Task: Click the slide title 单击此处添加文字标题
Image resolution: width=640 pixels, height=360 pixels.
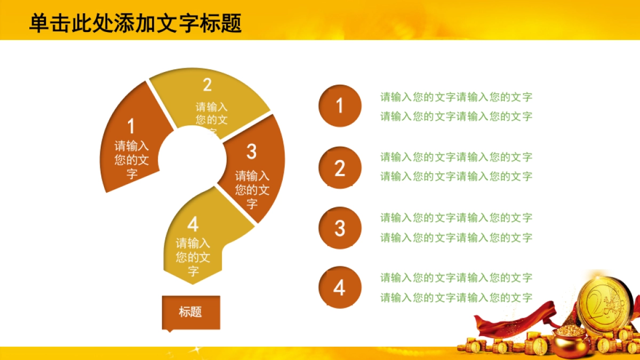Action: [135, 23]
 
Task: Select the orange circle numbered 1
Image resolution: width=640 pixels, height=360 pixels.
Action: [340, 106]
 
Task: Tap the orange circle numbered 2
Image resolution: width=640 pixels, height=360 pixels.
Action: [340, 168]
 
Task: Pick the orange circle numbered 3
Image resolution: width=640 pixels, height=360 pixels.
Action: [340, 228]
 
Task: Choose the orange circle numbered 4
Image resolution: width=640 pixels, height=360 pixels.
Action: [340, 288]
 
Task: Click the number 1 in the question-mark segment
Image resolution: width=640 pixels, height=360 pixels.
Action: [131, 127]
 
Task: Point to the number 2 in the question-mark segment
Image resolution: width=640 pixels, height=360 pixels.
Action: [207, 85]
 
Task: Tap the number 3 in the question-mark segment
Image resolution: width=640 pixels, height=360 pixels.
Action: [252, 152]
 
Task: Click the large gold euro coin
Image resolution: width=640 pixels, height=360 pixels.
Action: [605, 304]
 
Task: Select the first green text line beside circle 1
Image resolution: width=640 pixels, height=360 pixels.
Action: [456, 97]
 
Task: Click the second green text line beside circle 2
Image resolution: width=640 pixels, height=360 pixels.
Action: [456, 176]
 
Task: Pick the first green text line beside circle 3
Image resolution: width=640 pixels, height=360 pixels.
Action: [456, 218]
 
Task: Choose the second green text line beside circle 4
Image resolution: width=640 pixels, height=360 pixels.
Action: [456, 298]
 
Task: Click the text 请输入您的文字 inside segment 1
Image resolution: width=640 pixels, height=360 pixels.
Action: [132, 159]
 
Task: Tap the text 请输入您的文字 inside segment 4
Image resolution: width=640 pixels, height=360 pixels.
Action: [193, 257]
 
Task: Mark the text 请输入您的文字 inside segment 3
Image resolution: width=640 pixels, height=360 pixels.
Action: [252, 189]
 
